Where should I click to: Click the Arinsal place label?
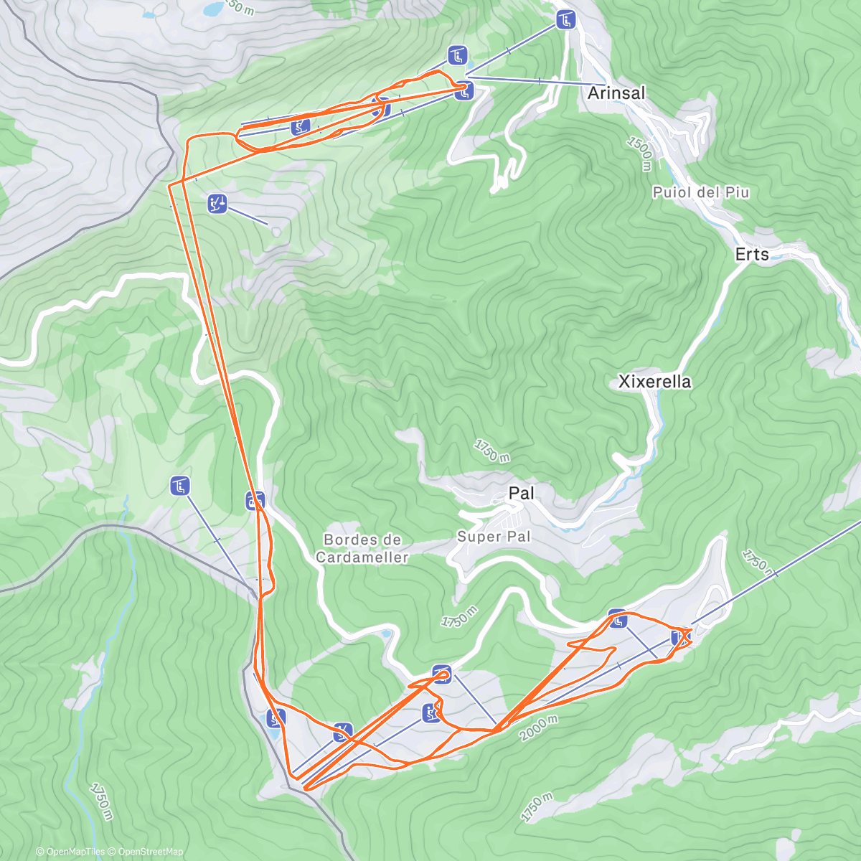(x=616, y=93)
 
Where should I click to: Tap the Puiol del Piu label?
(x=700, y=192)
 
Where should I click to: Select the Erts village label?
(x=752, y=255)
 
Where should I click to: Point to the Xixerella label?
(x=654, y=382)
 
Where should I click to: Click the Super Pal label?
(x=494, y=537)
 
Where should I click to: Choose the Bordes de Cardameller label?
(x=362, y=548)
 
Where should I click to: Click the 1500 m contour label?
(x=639, y=152)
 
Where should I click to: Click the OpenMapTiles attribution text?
(x=75, y=852)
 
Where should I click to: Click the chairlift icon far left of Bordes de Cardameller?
(x=180, y=486)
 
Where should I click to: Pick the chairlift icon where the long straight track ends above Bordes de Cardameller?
(x=255, y=500)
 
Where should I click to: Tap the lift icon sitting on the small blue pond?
(x=276, y=717)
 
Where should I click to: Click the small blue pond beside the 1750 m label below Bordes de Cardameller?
(x=387, y=634)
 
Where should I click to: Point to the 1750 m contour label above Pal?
(x=491, y=451)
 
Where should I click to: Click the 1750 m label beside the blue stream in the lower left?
(x=102, y=801)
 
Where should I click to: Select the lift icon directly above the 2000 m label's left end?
(x=430, y=713)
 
